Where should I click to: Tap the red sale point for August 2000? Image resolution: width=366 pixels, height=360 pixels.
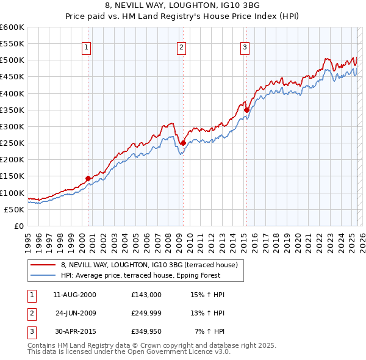point(88,178)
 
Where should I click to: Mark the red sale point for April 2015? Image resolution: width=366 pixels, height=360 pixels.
point(246,110)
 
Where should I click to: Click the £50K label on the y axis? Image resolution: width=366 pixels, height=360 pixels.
point(15,209)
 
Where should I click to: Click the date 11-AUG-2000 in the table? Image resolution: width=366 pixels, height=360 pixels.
point(74,295)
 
